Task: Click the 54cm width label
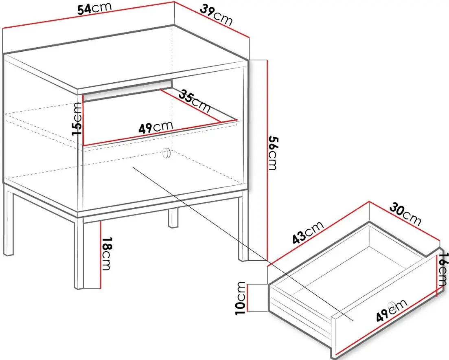tap(94, 8)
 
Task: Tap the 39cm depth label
tap(216, 15)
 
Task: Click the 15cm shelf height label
tap(77, 119)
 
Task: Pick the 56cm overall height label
tap(273, 153)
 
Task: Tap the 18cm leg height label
tap(106, 253)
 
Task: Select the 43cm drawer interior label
tap(308, 232)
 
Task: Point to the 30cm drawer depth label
tap(405, 214)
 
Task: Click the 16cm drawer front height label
tap(443, 269)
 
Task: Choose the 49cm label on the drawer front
tap(392, 310)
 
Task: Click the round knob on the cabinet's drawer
tap(166, 153)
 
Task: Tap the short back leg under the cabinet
tap(173, 217)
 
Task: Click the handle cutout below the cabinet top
tap(127, 90)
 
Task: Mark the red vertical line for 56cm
tap(267, 161)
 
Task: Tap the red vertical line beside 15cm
tap(83, 120)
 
